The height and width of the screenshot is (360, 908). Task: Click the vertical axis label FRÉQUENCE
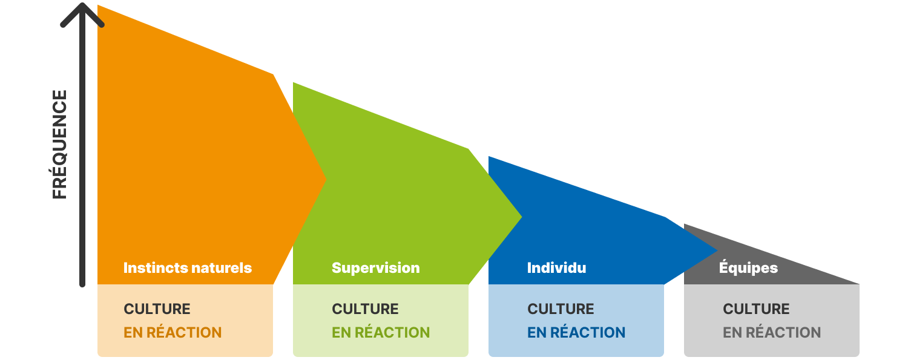[x=59, y=145]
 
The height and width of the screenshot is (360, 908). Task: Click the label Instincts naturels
[x=187, y=267]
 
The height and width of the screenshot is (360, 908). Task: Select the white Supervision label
[x=375, y=267]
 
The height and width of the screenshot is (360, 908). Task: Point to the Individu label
[x=556, y=267]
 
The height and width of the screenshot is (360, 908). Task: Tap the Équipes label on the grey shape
[x=748, y=267]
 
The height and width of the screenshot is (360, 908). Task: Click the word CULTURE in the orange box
[x=157, y=309]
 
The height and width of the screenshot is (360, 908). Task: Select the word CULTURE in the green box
[x=365, y=309]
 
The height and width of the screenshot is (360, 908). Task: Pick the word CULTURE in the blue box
[x=561, y=309]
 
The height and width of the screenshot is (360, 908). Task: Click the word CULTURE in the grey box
[x=756, y=309]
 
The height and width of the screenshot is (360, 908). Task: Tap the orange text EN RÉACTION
[x=173, y=332]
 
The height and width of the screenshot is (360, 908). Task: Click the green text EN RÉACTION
[x=381, y=332]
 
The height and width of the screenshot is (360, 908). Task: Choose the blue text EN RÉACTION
[x=576, y=332]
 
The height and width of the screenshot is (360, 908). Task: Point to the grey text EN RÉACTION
[x=772, y=332]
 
